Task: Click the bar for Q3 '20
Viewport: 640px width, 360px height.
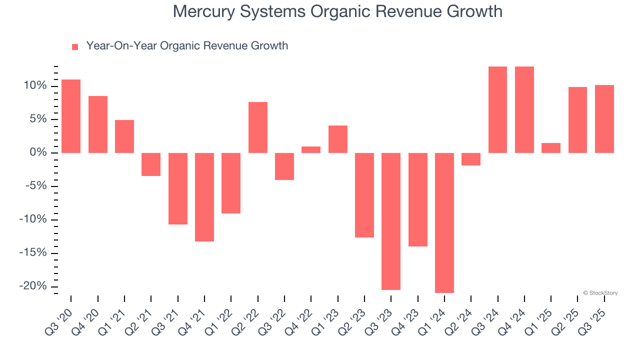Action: tap(71, 116)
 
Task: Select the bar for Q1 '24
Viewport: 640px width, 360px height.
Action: tap(444, 222)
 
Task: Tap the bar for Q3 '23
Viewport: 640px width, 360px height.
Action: tap(391, 221)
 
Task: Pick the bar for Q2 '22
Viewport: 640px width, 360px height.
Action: tap(258, 127)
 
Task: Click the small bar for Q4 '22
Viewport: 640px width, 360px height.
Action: tap(311, 149)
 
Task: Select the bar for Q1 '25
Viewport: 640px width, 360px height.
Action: tap(551, 148)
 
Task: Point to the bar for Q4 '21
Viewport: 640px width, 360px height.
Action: tap(204, 197)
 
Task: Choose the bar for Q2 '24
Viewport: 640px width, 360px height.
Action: tap(471, 159)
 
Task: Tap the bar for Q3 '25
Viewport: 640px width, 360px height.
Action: tap(604, 119)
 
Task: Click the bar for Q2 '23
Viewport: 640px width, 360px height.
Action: tap(364, 195)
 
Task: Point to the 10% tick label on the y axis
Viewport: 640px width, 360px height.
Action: tap(36, 86)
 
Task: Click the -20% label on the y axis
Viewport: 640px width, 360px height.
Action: tap(33, 286)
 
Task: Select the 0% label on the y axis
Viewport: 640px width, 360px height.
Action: tap(39, 152)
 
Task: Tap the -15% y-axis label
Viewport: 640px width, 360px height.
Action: tap(33, 252)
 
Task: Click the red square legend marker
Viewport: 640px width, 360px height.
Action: tap(75, 46)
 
